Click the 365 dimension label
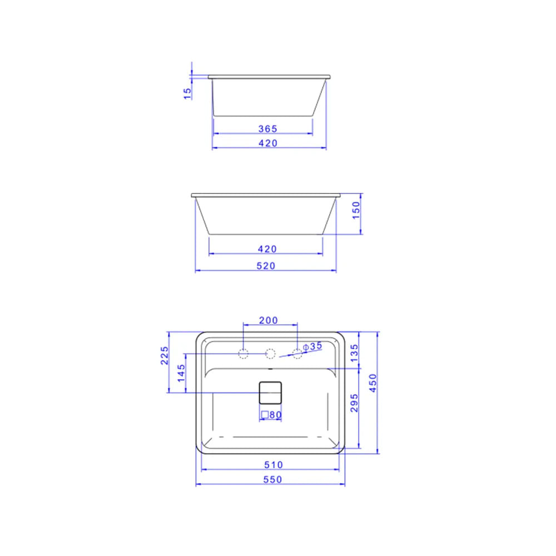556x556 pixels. click(x=267, y=128)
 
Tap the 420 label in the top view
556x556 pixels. click(x=267, y=143)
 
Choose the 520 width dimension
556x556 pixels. click(x=266, y=266)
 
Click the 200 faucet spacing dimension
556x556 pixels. click(x=269, y=321)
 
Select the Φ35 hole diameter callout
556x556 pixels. click(x=313, y=346)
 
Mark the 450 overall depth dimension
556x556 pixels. click(x=373, y=383)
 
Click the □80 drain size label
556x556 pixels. click(x=271, y=415)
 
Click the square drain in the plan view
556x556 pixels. click(x=271, y=392)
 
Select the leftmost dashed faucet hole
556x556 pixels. click(x=243, y=353)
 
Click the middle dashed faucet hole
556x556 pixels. click(x=270, y=353)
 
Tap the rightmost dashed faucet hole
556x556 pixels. click(x=297, y=353)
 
